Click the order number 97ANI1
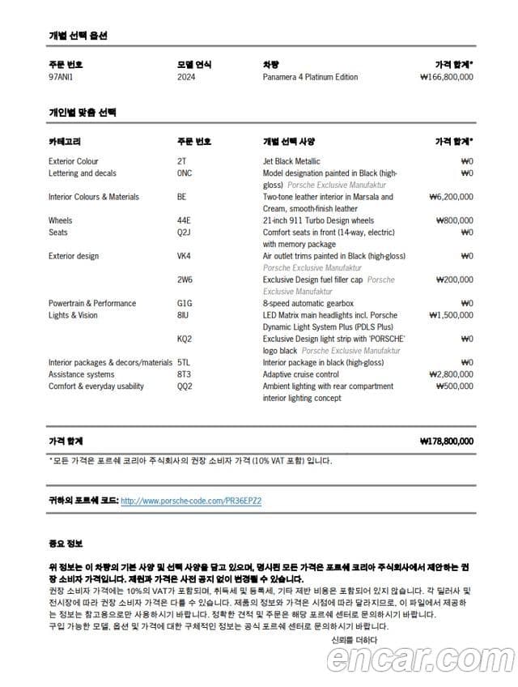click(x=61, y=77)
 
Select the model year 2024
click(x=186, y=77)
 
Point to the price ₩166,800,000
click(x=447, y=77)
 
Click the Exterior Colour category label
click(x=74, y=161)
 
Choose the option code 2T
click(x=181, y=161)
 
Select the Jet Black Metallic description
click(x=291, y=161)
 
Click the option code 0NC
click(x=185, y=173)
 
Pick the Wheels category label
click(x=60, y=220)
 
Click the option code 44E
click(x=184, y=220)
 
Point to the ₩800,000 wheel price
click(x=454, y=220)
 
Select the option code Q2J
click(x=184, y=233)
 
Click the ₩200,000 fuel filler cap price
click(x=454, y=279)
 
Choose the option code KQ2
click(x=185, y=339)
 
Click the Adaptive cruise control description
click(x=301, y=374)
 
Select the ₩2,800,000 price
click(x=451, y=374)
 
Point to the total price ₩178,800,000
click(x=447, y=442)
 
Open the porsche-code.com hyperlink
click(x=191, y=501)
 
